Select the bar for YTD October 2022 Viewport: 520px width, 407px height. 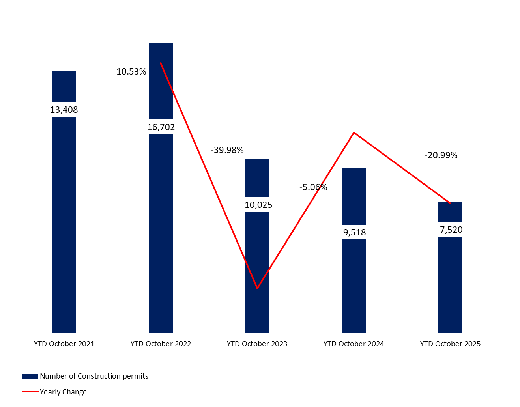coord(161,233)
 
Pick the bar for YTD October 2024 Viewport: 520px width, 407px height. coord(354,284)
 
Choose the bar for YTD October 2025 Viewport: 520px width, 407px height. coord(450,284)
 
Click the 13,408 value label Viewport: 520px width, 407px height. coord(64,110)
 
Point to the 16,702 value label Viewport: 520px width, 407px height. coord(161,127)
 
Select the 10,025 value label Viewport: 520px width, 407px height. coord(258,205)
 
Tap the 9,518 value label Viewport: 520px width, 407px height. coord(354,232)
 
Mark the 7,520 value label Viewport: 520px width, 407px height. coord(451,230)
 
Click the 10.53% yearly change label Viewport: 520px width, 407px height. coord(131,71)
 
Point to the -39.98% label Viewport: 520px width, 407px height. coord(227,150)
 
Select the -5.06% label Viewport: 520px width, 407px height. coord(313,187)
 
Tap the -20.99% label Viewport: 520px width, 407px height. coord(441,155)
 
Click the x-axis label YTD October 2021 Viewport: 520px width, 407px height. coord(64,344)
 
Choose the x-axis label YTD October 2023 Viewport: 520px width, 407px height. coord(257,344)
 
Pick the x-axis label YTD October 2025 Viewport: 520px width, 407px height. coord(450,344)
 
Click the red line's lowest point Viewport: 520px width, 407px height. coord(257,288)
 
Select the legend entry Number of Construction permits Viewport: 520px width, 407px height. coord(94,376)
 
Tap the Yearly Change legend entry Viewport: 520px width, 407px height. coord(63,392)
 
